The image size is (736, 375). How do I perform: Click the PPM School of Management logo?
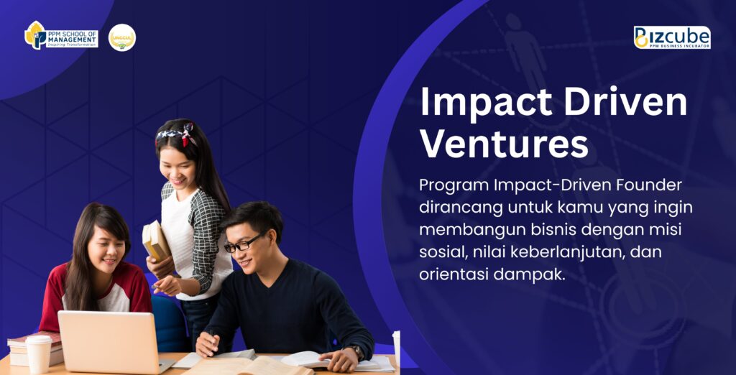(61, 36)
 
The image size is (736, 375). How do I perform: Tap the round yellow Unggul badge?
(122, 37)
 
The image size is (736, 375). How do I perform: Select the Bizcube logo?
(672, 37)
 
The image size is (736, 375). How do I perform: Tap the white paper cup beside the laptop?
(39, 355)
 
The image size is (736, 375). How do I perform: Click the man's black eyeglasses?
(242, 244)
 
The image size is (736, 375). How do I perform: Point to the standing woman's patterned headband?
(177, 132)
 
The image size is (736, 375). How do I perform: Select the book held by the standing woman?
(156, 241)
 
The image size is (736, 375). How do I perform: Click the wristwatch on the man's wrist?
(358, 351)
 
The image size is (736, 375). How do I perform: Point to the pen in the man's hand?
(211, 334)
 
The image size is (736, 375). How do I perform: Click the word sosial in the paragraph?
(441, 252)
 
